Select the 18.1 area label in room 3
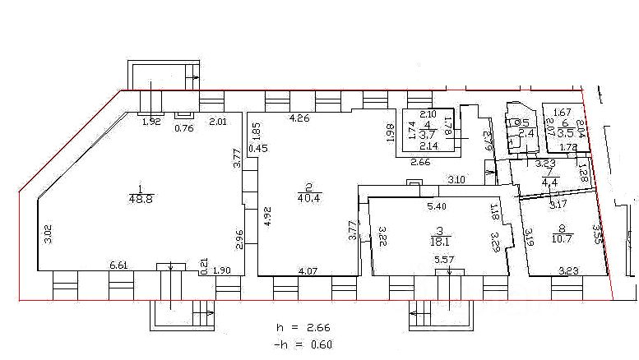click(442, 241)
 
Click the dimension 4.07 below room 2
click(308, 271)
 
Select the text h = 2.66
click(305, 326)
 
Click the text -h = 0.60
click(305, 344)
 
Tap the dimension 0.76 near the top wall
click(184, 127)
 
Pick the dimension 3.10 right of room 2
click(457, 179)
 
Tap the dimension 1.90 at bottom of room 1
click(221, 271)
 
